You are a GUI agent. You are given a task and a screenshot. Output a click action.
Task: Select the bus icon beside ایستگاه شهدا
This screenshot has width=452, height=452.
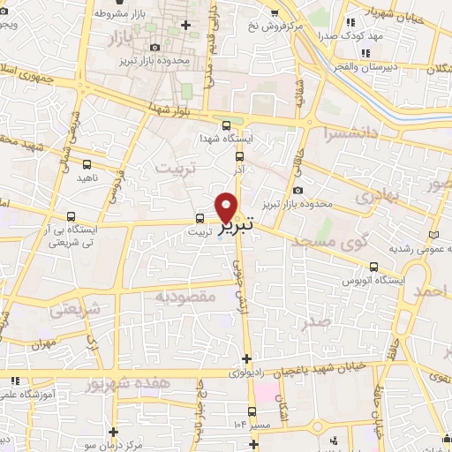227,125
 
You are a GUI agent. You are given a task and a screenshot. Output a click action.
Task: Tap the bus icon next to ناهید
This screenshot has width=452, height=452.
87,164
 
